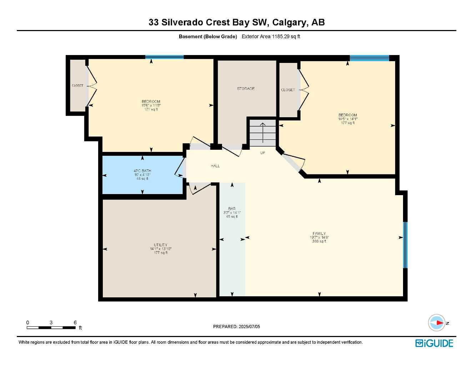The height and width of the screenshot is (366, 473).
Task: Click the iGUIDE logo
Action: [x=434, y=343]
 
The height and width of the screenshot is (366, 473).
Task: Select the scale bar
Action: [x=51, y=327]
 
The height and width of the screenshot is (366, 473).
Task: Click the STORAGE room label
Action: [x=246, y=89]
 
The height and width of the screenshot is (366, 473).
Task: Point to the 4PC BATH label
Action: [x=142, y=171]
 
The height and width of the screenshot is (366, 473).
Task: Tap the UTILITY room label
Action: [x=161, y=245]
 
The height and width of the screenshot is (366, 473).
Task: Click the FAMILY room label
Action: [x=319, y=233]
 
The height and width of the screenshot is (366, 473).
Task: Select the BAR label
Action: [x=232, y=209]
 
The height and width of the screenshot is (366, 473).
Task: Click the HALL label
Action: [x=215, y=166]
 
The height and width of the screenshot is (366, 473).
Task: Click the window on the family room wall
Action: [x=405, y=245]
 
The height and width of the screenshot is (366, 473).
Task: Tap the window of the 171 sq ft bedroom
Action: [x=164, y=57]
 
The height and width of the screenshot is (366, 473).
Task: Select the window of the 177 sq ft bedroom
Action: [x=369, y=58]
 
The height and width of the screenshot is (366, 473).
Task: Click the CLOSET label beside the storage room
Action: [x=288, y=90]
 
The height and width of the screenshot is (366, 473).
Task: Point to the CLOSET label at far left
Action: [x=77, y=86]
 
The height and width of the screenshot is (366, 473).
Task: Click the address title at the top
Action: [x=236, y=22]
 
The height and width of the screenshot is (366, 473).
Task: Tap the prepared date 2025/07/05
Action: [x=236, y=326]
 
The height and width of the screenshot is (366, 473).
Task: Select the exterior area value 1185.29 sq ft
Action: [x=286, y=36]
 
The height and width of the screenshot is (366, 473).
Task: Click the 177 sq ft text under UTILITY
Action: [x=161, y=253]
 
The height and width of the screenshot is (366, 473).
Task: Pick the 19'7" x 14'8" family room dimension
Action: [x=319, y=237]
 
